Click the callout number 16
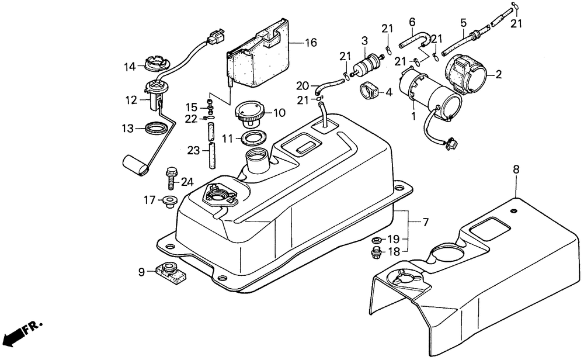pos(310,43)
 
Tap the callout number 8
pos(516,169)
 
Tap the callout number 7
pos(425,222)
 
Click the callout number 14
pos(129,67)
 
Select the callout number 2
pos(498,74)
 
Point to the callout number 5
pos(463,23)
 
